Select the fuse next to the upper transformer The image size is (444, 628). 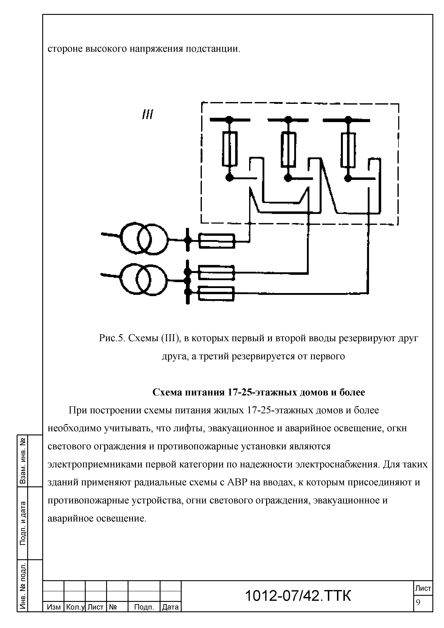(x=217, y=241)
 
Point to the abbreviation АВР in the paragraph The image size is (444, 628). (x=237, y=482)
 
